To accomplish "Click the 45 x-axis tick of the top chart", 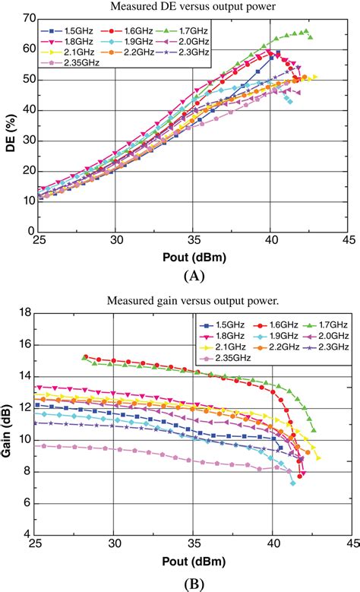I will [x=349, y=239].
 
